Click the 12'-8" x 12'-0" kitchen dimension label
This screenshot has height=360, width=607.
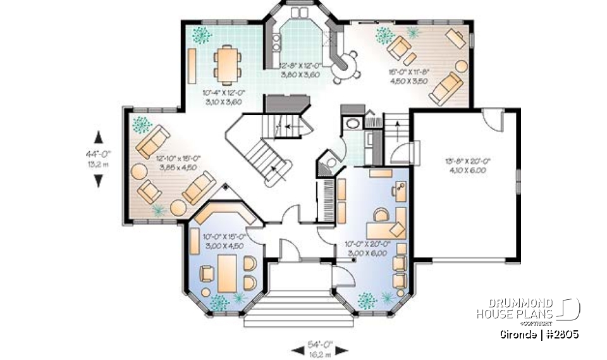(301, 69)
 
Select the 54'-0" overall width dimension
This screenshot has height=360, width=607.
(314, 347)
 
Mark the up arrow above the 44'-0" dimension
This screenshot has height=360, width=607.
(98, 137)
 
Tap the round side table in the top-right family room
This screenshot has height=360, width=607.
(461, 65)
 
